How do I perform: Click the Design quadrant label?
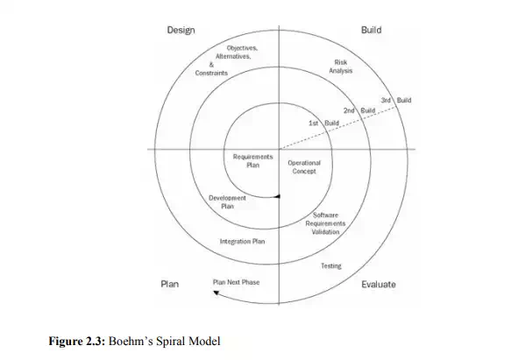point(181,31)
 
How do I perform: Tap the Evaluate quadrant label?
point(379,285)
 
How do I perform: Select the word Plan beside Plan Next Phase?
point(170,284)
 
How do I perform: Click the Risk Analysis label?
point(341,67)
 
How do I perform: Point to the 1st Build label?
point(324,124)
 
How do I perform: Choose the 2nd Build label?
point(359,110)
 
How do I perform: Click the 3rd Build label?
point(396,101)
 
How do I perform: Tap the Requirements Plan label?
point(253,161)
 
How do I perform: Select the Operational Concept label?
point(304,167)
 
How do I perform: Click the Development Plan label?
point(227,202)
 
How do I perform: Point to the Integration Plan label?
point(242,242)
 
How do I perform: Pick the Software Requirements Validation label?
point(325,223)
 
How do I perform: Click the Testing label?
point(331,266)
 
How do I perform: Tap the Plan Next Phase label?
point(237,282)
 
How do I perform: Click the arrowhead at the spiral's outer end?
point(216,293)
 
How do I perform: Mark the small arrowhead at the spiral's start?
point(277,196)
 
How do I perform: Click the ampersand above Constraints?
point(211,65)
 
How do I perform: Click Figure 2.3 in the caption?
point(77,341)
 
